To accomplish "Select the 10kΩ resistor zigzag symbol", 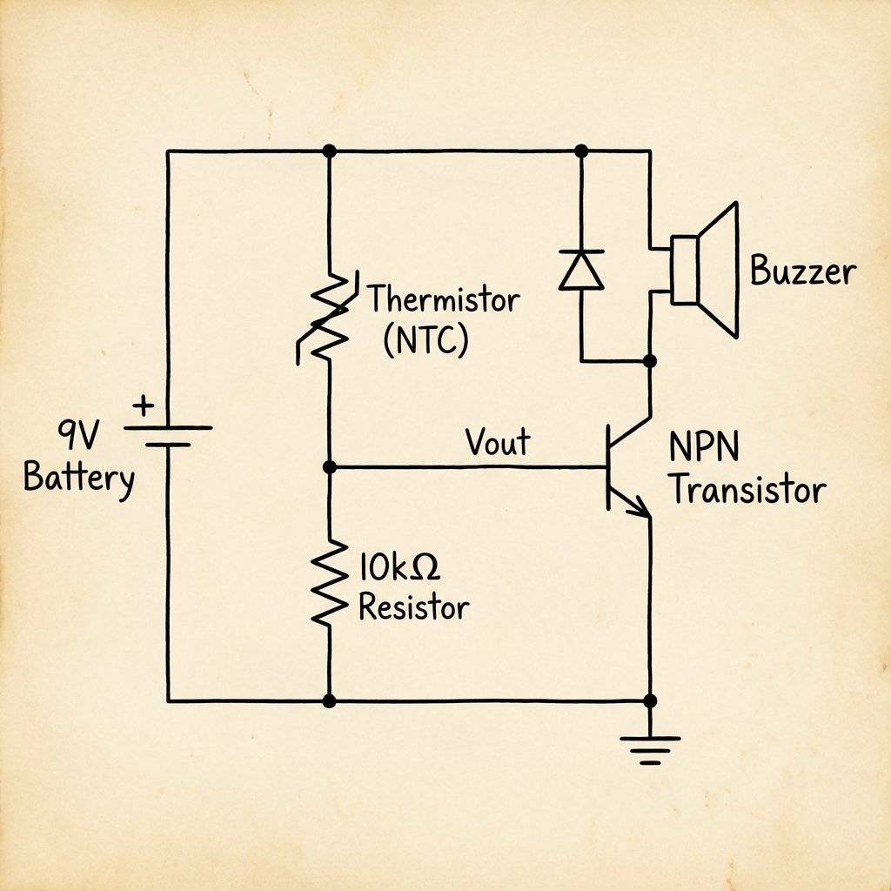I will tap(328, 582).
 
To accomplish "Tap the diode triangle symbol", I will tap(581, 270).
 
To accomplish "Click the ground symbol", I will tap(649, 747).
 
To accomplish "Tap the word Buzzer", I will tap(802, 272).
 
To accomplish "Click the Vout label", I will tap(497, 442).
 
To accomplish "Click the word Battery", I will tap(79, 479).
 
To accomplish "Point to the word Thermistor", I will tap(444, 301).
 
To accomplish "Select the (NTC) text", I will tap(425, 340).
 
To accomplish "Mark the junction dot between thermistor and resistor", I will tap(329, 467).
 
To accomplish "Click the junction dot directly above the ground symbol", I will tap(649, 700).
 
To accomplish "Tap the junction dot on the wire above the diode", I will tap(581, 151).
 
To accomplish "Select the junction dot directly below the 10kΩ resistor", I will tap(329, 700).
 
